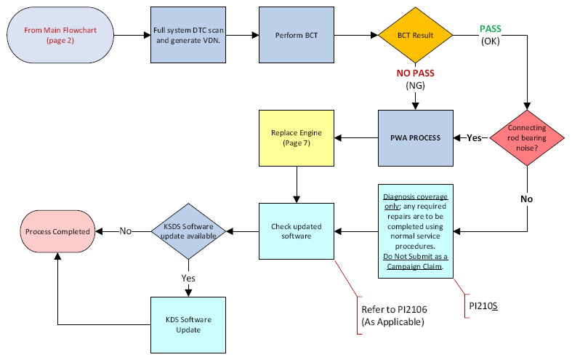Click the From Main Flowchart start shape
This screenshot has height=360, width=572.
(x=60, y=35)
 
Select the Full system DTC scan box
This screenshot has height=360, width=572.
(x=188, y=35)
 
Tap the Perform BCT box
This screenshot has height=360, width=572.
(x=297, y=35)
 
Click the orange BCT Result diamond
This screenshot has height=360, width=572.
(x=416, y=35)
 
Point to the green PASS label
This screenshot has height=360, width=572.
(x=491, y=29)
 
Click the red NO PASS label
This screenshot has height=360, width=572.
(x=416, y=73)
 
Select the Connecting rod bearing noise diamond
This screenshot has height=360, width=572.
(x=527, y=138)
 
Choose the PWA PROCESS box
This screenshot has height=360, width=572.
(x=416, y=138)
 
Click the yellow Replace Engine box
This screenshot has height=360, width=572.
(x=297, y=138)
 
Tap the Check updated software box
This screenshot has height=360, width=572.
(x=297, y=231)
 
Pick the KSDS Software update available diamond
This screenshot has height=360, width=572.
(x=188, y=231)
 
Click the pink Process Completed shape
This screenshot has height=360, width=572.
(x=57, y=231)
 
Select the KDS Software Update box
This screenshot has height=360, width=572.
(x=188, y=325)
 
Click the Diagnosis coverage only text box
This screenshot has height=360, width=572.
(x=416, y=231)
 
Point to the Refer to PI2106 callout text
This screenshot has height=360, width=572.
(x=394, y=316)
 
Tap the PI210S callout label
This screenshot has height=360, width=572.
(x=483, y=306)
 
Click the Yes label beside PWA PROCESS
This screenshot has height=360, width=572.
(x=474, y=138)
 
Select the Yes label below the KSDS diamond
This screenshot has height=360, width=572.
(x=188, y=279)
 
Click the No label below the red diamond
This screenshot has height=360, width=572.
(x=526, y=199)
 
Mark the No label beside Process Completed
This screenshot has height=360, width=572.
(x=126, y=231)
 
